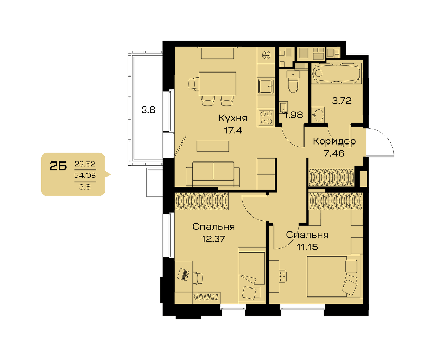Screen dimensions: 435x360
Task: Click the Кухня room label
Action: (233, 118)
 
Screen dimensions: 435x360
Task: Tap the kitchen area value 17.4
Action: (233, 130)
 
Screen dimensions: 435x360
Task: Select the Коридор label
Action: (334, 141)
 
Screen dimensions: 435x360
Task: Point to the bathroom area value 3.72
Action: (341, 101)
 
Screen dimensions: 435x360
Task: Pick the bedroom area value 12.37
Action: (213, 239)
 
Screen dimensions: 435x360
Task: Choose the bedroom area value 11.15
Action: (307, 247)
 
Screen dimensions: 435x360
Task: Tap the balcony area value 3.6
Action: (148, 110)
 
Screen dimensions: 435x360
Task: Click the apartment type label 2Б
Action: (59, 166)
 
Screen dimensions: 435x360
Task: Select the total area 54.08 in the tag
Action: (85, 175)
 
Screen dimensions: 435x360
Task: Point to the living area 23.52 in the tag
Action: (85, 164)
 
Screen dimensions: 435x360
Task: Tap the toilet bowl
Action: (293, 82)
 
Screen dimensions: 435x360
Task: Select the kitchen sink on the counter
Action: (267, 86)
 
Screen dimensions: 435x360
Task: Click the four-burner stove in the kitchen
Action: (266, 118)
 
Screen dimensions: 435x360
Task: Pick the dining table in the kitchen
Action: (217, 84)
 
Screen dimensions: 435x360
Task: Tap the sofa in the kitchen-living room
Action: (213, 173)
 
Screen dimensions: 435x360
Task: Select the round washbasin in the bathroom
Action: (318, 115)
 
